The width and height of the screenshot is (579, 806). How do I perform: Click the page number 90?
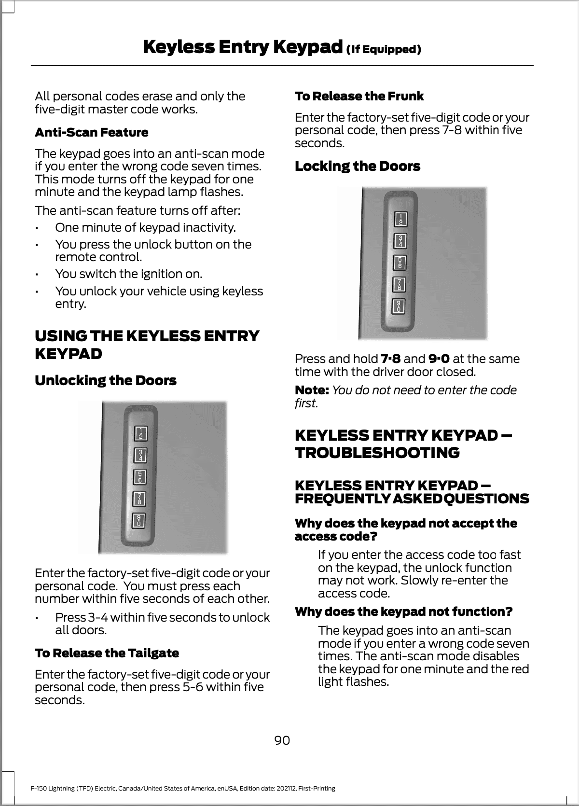click(x=282, y=740)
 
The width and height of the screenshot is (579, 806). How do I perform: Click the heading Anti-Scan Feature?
click(x=91, y=132)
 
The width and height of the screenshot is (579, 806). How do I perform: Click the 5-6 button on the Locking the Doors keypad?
click(x=400, y=262)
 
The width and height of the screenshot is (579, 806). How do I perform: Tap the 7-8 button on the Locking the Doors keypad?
click(x=400, y=284)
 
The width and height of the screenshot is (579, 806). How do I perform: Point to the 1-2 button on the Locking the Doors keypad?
click(x=400, y=219)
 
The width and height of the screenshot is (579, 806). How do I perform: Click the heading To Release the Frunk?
click(x=359, y=96)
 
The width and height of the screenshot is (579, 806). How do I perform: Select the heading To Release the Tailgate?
click(x=107, y=653)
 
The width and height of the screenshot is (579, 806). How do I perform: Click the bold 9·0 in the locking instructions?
click(x=439, y=359)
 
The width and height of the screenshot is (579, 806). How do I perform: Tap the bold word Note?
click(x=312, y=390)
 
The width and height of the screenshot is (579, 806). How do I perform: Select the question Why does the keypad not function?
click(x=403, y=611)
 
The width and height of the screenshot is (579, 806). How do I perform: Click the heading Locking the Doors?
click(x=358, y=167)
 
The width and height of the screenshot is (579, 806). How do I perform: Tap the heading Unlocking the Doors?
click(x=106, y=380)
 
